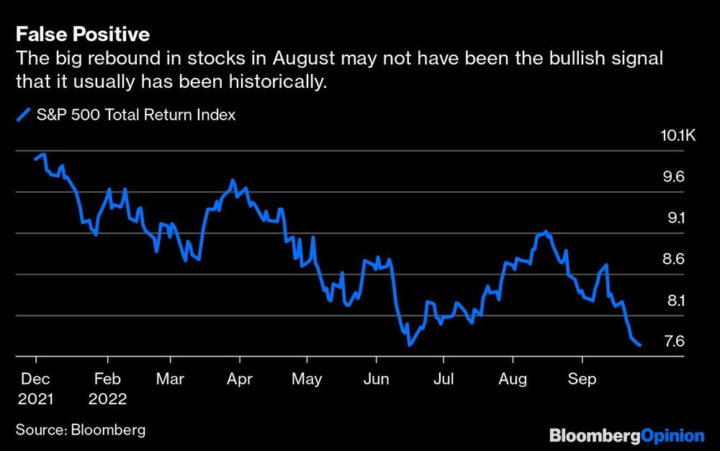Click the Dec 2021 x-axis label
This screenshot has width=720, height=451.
[x=35, y=388]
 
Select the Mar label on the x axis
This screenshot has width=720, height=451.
[x=170, y=379]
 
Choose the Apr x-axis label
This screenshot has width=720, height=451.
[x=238, y=379]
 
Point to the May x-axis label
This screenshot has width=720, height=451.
[x=307, y=379]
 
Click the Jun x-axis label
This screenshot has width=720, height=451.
[x=375, y=379]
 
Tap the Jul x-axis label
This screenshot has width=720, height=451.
[x=444, y=379]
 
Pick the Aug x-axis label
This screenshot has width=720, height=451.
[x=513, y=379]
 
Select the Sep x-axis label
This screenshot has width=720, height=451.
[x=582, y=379]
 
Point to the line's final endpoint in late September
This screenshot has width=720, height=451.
[x=640, y=346]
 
